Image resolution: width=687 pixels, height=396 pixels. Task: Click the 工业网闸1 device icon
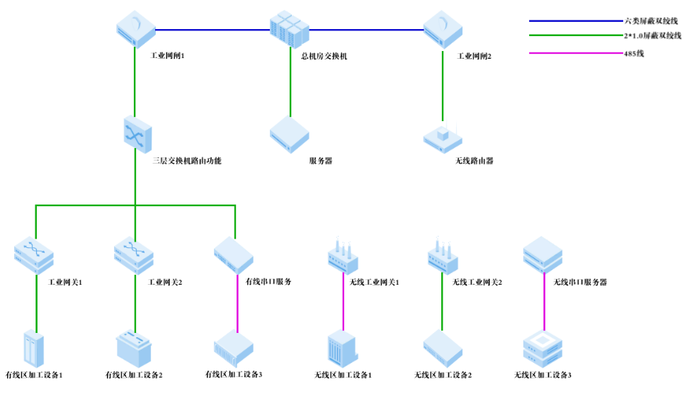pos(135,28)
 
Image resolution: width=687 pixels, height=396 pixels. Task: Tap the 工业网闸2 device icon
pos(443,28)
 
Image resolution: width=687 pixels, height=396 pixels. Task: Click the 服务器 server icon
pos(290,133)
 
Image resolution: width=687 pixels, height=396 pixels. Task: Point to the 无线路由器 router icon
pos(443,136)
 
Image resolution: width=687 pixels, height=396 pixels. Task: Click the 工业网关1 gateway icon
pos(34,256)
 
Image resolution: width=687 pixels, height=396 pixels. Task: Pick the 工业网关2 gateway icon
pos(134,256)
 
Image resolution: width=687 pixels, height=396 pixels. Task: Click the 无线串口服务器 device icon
pos(543,255)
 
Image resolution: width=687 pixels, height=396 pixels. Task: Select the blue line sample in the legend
pos(574,21)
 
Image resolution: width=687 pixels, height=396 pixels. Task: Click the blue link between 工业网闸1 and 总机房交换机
pos(212,30)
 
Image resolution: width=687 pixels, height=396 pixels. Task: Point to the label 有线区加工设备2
pos(134,375)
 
